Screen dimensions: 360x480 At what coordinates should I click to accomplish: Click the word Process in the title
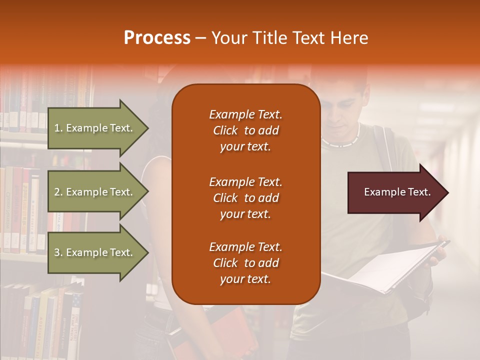[157, 38]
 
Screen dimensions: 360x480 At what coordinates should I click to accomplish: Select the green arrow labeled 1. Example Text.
[95, 128]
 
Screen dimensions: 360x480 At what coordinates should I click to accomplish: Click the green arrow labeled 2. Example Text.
[95, 192]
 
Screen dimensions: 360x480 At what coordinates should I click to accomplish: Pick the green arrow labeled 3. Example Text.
[95, 252]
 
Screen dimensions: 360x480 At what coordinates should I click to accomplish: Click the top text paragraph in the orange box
[245, 130]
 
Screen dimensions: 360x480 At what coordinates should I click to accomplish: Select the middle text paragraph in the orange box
[245, 198]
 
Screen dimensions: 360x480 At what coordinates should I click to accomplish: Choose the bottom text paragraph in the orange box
[245, 263]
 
